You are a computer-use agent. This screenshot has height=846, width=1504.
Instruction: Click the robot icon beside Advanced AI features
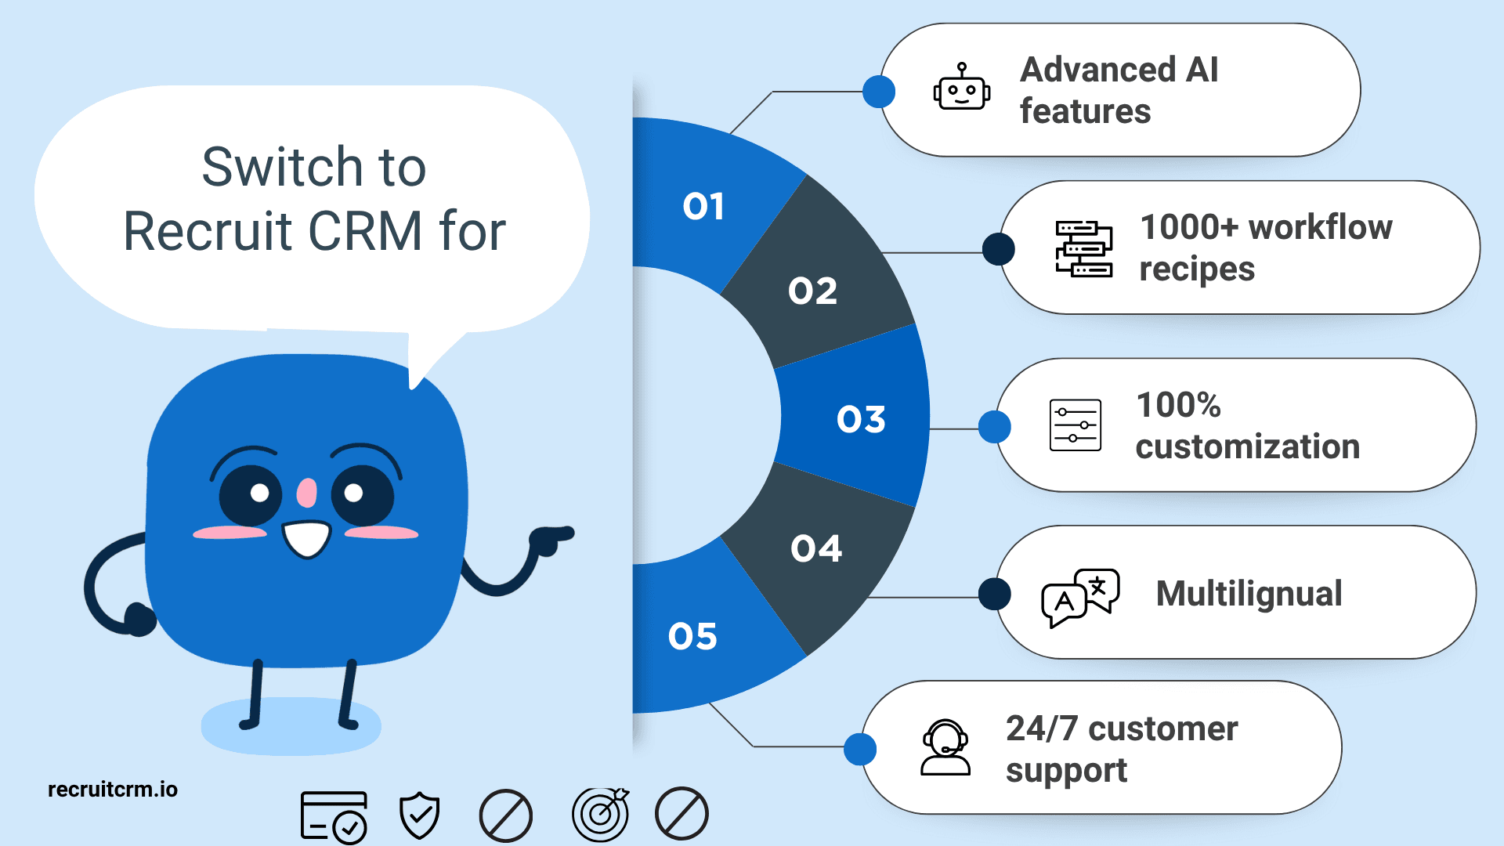point(962,87)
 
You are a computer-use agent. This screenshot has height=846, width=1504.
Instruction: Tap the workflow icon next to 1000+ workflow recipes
point(1083,249)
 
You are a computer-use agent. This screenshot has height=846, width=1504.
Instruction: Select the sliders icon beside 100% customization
point(1076,425)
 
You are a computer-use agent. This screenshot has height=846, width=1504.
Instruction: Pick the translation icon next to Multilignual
point(1080,598)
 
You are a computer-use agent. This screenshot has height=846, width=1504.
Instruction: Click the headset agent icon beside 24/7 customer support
point(945,747)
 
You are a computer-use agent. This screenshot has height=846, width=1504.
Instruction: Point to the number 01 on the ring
point(703,207)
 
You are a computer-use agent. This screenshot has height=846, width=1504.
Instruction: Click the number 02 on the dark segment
point(812,291)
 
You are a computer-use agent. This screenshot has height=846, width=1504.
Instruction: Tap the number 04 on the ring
point(816,548)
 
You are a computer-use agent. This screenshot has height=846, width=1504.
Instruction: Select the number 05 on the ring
point(692,636)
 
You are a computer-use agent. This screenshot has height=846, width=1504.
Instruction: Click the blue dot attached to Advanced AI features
point(879,92)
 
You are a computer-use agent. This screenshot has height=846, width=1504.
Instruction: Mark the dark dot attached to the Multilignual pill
point(995,594)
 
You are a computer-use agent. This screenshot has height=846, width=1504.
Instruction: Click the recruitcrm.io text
point(113,789)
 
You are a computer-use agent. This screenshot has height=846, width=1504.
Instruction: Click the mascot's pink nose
point(306,493)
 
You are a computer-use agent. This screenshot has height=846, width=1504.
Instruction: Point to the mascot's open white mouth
point(307,539)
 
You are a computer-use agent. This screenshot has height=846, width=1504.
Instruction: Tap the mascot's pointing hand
point(551,540)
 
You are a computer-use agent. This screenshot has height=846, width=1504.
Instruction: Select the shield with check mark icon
point(420,815)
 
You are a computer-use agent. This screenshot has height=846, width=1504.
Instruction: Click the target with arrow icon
point(601,814)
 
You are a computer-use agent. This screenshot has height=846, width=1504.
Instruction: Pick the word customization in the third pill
point(1248,446)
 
